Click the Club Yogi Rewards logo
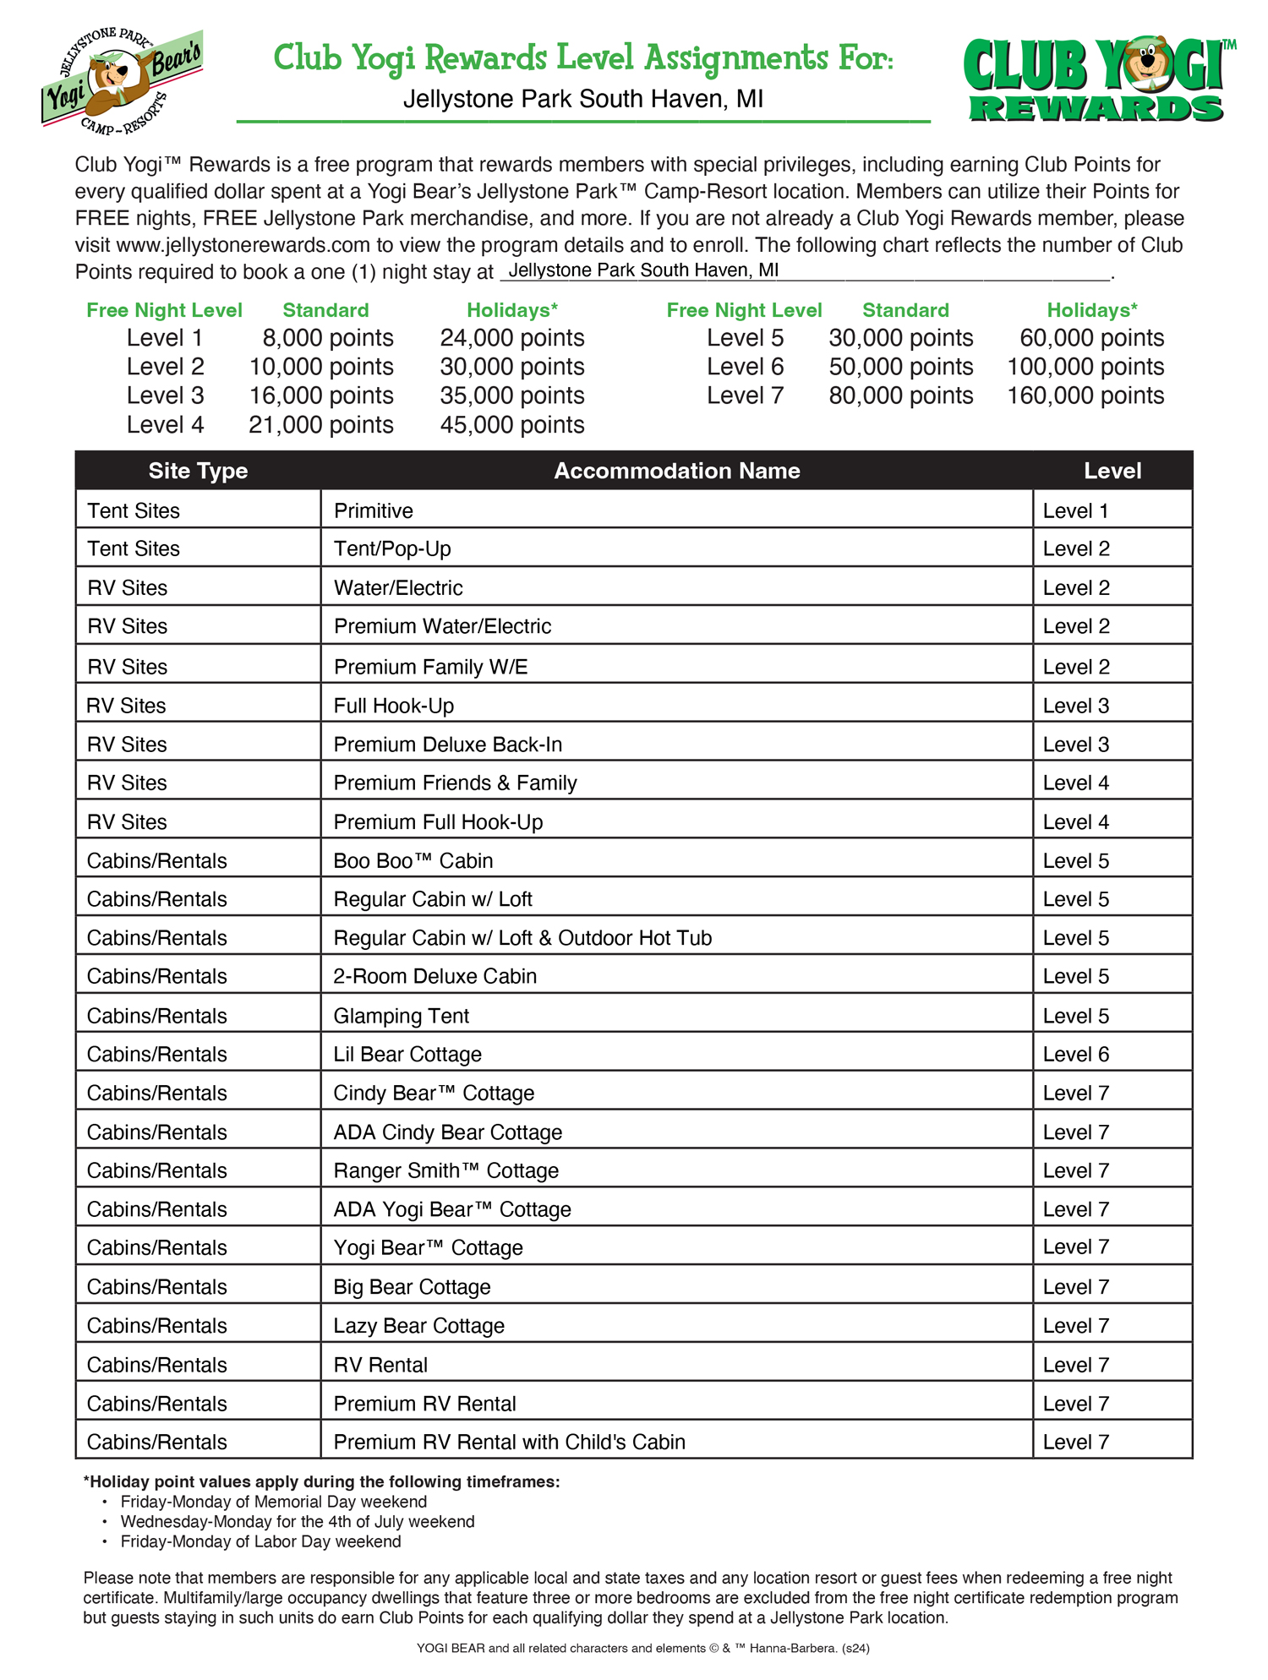tap(1097, 79)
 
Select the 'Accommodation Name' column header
tap(676, 471)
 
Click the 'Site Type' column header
tap(198, 471)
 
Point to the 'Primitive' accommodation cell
tap(374, 511)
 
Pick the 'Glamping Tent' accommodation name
tap(401, 1016)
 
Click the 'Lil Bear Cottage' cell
tap(407, 1055)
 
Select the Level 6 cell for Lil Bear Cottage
tap(1075, 1055)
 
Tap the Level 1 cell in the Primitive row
tap(1075, 511)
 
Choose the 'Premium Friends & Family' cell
tap(455, 783)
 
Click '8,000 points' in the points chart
tap(327, 338)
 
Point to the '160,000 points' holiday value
tap(1085, 395)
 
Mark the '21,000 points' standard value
tap(320, 424)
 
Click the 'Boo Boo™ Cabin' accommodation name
tap(413, 861)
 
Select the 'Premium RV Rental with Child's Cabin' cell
tap(509, 1442)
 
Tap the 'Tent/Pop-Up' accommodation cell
tap(392, 549)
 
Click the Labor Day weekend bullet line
tap(260, 1541)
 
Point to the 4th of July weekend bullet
tap(298, 1521)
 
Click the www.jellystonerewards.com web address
tap(243, 245)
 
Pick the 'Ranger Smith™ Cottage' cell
tap(445, 1170)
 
